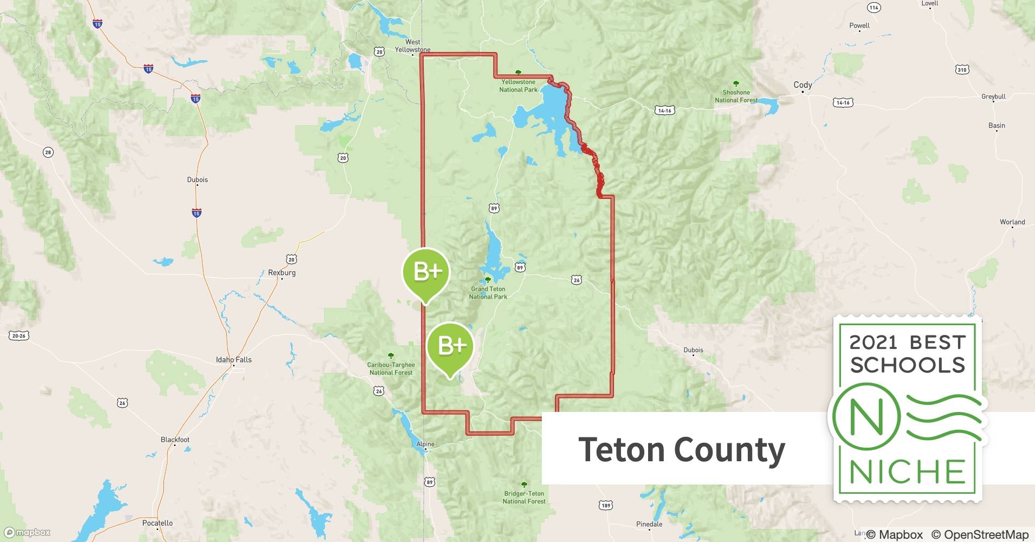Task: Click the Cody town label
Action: (803, 85)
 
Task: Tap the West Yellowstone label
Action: (412, 46)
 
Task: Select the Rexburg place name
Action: (282, 273)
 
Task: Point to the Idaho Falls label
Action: (234, 359)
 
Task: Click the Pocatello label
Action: (157, 523)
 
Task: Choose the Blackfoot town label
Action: (175, 440)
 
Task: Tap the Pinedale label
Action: (649, 524)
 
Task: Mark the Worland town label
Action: (1012, 222)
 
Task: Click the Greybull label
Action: (993, 96)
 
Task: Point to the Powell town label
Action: (859, 25)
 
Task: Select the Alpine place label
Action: (425, 444)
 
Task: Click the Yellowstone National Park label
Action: (518, 86)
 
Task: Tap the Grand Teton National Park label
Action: (488, 293)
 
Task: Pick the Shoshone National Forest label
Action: (736, 96)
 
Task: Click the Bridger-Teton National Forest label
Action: (523, 497)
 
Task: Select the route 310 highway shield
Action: (962, 69)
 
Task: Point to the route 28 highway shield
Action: (48, 152)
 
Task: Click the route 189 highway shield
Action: (606, 505)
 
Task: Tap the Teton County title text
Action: (682, 449)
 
